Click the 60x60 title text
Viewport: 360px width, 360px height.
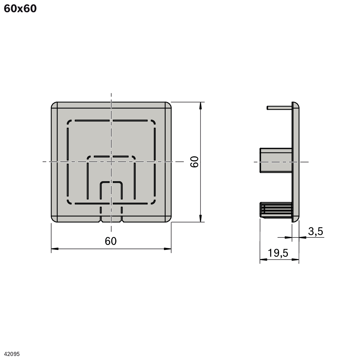pyautogui.click(x=20, y=8)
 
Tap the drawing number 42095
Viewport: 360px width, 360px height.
pyautogui.click(x=12, y=354)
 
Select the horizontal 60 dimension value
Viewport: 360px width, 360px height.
pyautogui.click(x=111, y=241)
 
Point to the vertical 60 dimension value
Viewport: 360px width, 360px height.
pyautogui.click(x=195, y=162)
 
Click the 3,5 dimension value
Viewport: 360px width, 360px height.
pyautogui.click(x=315, y=231)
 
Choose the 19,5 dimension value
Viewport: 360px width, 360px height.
pyautogui.click(x=278, y=253)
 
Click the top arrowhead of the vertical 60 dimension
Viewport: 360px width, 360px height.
pyautogui.click(x=200, y=106)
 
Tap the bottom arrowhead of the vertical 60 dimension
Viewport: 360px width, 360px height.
pyautogui.click(x=200, y=218)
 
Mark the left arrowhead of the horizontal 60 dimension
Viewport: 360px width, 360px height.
pyautogui.click(x=55, y=249)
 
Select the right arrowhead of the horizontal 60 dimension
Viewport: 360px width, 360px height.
pyautogui.click(x=168, y=249)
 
